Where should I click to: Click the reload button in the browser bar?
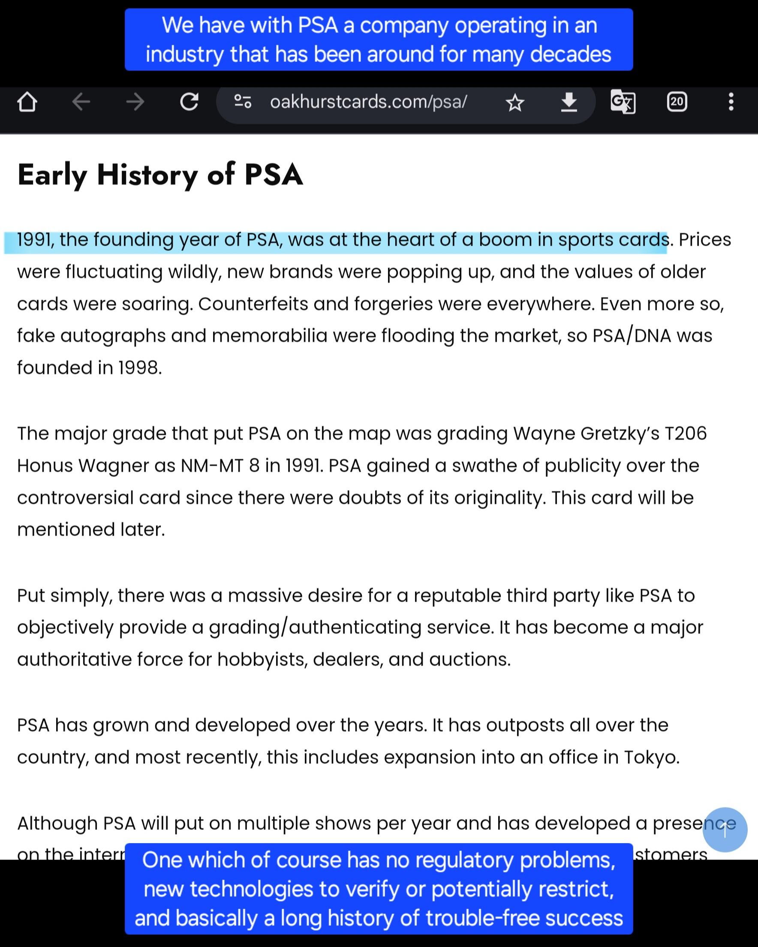pos(189,102)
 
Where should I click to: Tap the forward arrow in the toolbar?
pos(135,103)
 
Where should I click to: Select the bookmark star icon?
pos(515,103)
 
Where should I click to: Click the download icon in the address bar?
pos(569,102)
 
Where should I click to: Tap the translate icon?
pos(623,102)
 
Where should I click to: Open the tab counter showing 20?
pos(677,102)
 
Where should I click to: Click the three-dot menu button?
pos(731,102)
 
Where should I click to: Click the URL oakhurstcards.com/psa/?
pos(368,102)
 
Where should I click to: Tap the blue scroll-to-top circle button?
pos(725,830)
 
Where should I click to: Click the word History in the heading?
pos(147,175)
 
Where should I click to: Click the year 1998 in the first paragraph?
pos(139,368)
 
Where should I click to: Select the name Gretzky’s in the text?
pos(620,434)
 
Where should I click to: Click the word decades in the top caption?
pos(570,54)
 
